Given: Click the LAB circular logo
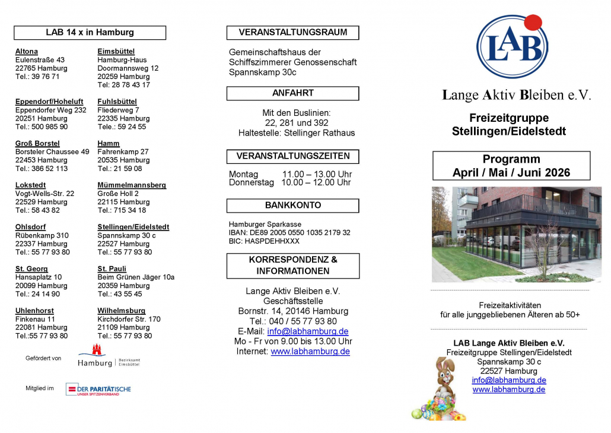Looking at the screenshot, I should coord(511,48).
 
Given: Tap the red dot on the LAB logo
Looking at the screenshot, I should coord(533,23).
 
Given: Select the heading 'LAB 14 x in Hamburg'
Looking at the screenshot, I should coord(90,33).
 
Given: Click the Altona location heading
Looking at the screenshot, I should coord(26,52).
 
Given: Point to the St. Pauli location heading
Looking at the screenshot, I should coord(112,269).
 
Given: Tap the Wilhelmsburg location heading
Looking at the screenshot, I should coord(121,311).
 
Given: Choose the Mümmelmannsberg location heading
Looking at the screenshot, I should coord(131,185).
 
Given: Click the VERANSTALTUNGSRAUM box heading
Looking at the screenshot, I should coord(292,32).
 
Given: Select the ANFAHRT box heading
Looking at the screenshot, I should coord(292,93).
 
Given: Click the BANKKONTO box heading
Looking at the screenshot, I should coord(292,206).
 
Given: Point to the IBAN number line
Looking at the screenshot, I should coord(289,233).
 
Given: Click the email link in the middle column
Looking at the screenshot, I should coord(307,331).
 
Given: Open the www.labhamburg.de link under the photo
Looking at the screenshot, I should coord(508,390).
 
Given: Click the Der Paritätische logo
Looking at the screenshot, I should coord(98,390).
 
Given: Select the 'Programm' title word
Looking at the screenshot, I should coord(511,159).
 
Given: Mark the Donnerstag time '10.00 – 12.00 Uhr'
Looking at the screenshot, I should coord(316,183).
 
